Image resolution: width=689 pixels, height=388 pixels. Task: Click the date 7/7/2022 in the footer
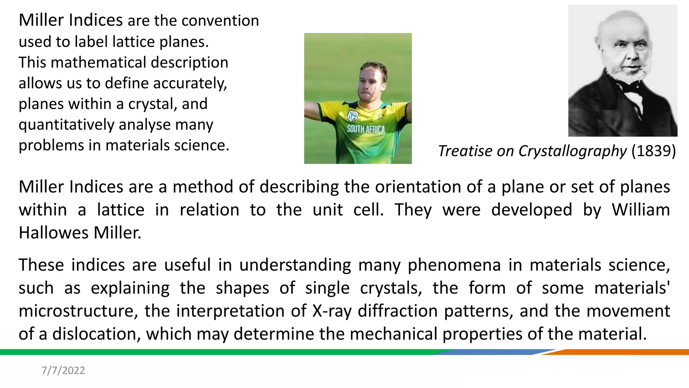(x=63, y=370)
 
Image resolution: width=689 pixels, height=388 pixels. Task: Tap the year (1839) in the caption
(x=653, y=151)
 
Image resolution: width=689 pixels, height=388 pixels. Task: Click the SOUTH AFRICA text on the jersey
(x=366, y=129)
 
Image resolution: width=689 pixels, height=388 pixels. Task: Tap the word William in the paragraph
(x=641, y=210)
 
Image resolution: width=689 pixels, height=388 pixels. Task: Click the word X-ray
(x=332, y=311)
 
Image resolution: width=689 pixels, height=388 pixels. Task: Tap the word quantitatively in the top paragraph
(x=66, y=125)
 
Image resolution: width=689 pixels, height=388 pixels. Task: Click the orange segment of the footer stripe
(x=622, y=352)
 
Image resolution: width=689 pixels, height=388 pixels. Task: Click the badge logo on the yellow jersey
(x=352, y=116)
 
